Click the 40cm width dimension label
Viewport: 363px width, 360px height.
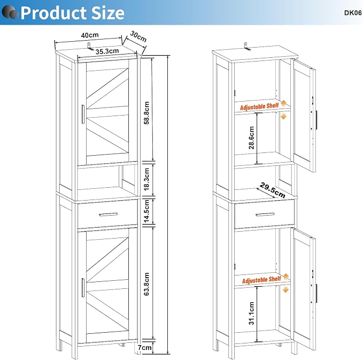(90, 35)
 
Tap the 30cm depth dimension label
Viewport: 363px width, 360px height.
(138, 36)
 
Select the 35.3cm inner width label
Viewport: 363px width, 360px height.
(107, 51)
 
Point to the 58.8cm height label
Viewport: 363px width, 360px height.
(147, 113)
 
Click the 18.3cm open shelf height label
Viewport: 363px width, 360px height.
(147, 179)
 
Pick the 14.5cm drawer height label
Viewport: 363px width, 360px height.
(147, 211)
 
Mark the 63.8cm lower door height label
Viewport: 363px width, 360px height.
(147, 284)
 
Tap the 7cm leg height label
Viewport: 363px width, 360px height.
(145, 348)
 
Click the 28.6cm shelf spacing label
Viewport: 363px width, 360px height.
(251, 137)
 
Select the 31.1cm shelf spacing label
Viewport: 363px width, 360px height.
(251, 313)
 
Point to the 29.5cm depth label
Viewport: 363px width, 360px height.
(273, 190)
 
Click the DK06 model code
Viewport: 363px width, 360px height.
(353, 13)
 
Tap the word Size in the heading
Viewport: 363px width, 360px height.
(108, 13)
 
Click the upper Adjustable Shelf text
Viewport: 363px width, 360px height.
(259, 106)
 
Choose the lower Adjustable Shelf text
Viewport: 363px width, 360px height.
(261, 280)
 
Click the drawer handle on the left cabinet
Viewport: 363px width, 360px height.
(108, 215)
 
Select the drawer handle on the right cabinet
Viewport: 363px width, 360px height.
(265, 215)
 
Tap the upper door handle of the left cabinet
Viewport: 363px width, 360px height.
(83, 114)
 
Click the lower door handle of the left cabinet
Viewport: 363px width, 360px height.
(83, 287)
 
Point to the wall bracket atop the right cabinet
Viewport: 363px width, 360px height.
(247, 46)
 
